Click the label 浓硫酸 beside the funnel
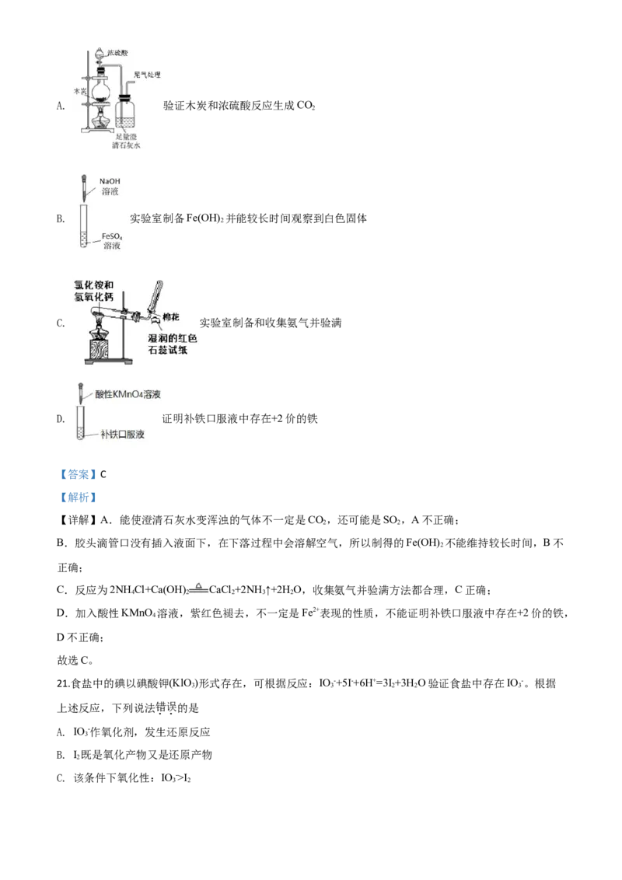click(x=117, y=53)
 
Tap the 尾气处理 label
click(x=146, y=75)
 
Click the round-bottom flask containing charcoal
click(x=101, y=90)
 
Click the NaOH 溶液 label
click(x=110, y=186)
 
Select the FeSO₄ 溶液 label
click(x=112, y=239)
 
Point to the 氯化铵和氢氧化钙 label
click(x=94, y=292)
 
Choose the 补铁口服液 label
click(x=122, y=434)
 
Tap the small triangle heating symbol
click(x=199, y=587)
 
